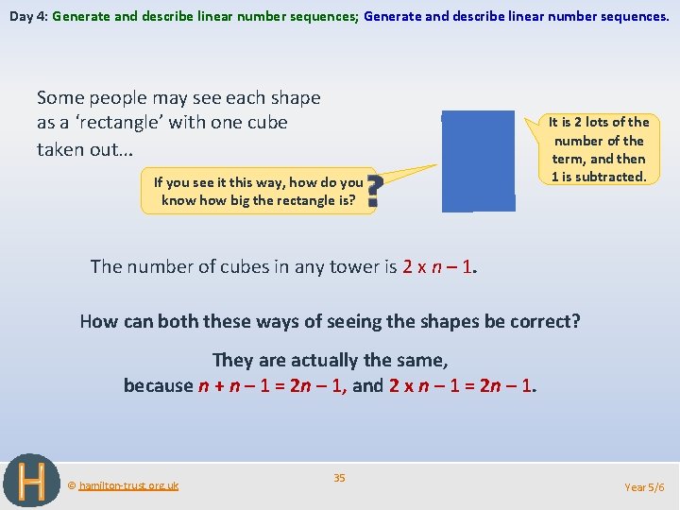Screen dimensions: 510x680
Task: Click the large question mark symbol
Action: pos(373,191)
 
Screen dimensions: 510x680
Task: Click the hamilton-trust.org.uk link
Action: pos(127,485)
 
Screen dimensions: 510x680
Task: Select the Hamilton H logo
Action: pos(31,481)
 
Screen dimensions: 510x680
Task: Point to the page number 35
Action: pos(339,478)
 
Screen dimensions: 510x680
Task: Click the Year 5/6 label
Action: pos(645,486)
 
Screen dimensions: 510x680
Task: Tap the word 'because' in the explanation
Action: pos(158,385)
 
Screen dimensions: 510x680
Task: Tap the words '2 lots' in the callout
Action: pos(591,122)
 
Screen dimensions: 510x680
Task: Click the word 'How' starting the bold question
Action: pos(99,321)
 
